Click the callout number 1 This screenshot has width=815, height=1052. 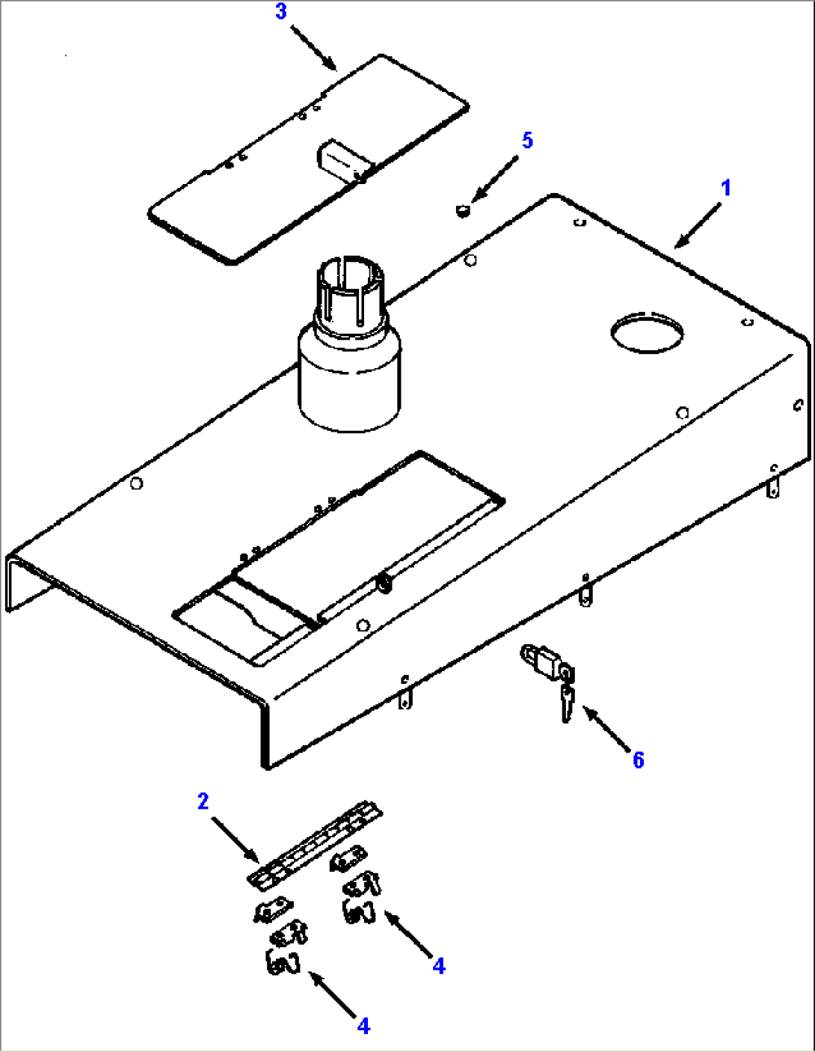[x=725, y=188]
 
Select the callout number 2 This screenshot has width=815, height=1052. [x=203, y=801]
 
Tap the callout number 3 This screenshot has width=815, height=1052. [x=280, y=12]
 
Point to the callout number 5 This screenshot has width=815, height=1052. [x=527, y=140]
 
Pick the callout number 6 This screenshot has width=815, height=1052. [x=638, y=760]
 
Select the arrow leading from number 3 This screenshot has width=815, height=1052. [x=314, y=47]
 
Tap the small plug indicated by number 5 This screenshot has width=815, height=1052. [x=462, y=211]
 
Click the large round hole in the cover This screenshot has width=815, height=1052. [x=647, y=332]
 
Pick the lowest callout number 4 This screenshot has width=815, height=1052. [x=363, y=1026]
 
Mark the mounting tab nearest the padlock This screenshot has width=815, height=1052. [x=585, y=593]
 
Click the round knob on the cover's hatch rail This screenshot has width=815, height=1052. [x=385, y=584]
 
